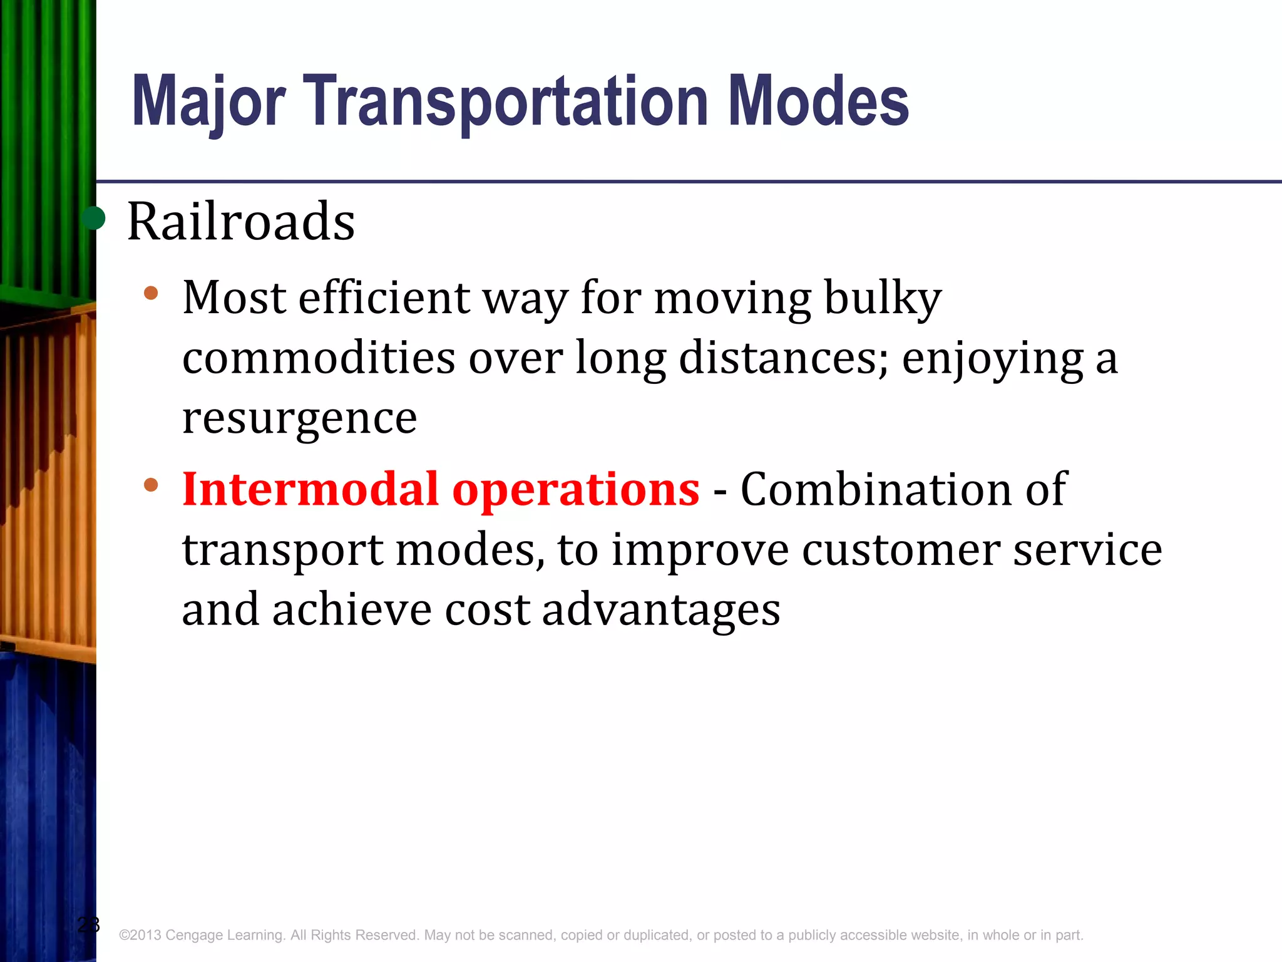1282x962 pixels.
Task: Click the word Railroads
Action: (x=241, y=222)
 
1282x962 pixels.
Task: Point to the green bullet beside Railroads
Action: (x=94, y=219)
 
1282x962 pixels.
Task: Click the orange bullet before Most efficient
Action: (x=151, y=293)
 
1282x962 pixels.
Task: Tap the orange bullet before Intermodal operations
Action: (x=151, y=485)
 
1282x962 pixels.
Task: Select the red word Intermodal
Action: (x=310, y=489)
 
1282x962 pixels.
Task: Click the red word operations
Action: (x=575, y=490)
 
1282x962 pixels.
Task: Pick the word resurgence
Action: (x=299, y=418)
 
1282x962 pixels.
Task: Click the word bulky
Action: (x=882, y=298)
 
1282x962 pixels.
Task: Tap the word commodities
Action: (x=319, y=358)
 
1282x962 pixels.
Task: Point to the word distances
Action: (x=782, y=358)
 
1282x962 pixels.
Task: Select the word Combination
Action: (x=876, y=489)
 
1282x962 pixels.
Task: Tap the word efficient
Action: (x=384, y=297)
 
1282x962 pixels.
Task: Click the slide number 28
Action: (x=88, y=924)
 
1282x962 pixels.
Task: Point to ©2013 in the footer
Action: (x=140, y=935)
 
